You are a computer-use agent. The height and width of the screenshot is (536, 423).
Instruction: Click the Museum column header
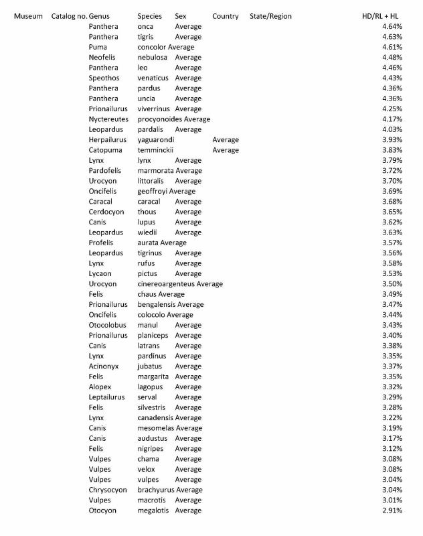(28, 15)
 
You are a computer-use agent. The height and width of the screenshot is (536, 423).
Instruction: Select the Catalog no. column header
(68, 15)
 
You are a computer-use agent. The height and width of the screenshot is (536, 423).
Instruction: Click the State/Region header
(270, 15)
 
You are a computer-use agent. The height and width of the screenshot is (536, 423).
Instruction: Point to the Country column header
(225, 15)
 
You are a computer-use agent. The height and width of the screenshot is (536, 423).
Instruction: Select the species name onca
(146, 26)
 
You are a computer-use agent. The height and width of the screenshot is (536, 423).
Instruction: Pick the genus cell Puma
(98, 48)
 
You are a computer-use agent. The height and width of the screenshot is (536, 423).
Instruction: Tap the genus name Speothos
(104, 78)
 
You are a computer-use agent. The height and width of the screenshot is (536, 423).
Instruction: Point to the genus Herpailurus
(108, 139)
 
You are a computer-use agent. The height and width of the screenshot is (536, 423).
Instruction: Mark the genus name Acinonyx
(104, 366)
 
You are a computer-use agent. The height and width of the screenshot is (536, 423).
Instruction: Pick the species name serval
(147, 397)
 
